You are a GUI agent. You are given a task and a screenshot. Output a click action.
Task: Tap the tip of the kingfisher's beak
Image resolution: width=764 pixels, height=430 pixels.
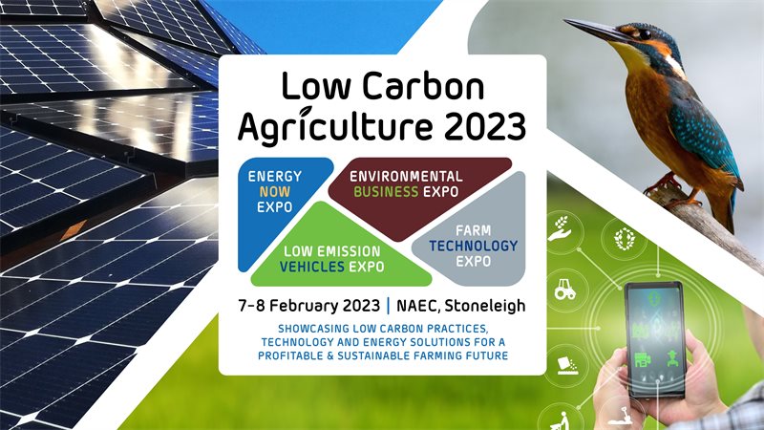point(564,20)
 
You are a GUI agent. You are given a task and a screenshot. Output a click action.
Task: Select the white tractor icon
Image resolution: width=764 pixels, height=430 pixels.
point(565,289)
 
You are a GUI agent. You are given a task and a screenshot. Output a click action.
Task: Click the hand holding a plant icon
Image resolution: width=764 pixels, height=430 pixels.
point(561,228)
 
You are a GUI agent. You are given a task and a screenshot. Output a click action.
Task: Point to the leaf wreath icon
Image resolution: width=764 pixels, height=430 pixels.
point(625,238)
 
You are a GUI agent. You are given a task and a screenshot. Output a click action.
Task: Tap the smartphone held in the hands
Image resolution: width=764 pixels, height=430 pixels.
point(655,340)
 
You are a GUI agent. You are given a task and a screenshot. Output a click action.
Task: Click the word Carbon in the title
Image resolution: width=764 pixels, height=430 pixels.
point(423,86)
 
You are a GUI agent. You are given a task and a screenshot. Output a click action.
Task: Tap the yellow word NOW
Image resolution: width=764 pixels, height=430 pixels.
point(274,192)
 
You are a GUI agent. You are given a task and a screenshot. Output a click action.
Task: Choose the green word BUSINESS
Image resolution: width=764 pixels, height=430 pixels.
point(386,192)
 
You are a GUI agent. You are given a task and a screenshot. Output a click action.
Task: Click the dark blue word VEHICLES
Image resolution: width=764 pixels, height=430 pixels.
point(312,267)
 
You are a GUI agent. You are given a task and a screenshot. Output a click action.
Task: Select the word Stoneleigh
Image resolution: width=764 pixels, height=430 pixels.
point(485,306)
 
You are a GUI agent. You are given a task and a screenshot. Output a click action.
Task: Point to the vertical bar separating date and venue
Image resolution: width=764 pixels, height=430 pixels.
point(389,306)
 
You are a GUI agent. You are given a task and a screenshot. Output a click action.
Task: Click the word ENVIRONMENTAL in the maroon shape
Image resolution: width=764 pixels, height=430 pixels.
point(406,176)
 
